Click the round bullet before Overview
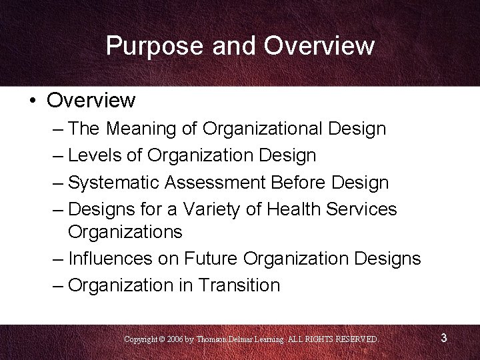pyautogui.click(x=32, y=101)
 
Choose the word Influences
pyautogui.click(x=111, y=258)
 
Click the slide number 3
pyautogui.click(x=443, y=339)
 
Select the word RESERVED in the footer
pyautogui.click(x=357, y=339)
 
